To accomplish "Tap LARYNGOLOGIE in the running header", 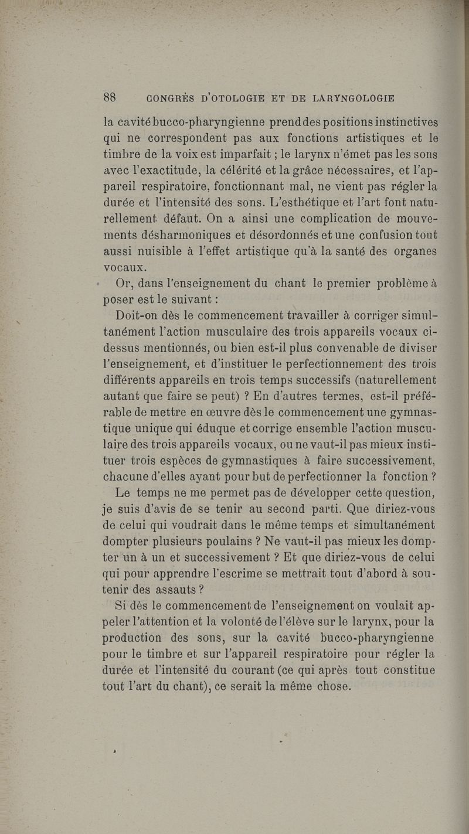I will [x=354, y=98].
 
